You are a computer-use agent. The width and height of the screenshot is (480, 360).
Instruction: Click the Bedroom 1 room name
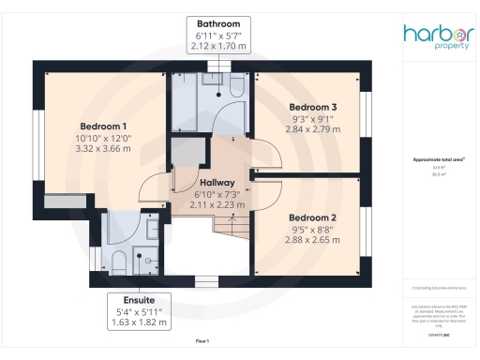pos(103,127)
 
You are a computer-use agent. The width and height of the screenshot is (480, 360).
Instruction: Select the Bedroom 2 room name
pos(312,217)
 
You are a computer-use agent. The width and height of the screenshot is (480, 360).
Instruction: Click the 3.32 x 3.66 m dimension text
pos(103,149)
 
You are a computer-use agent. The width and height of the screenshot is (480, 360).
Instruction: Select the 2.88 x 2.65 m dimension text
pos(312,239)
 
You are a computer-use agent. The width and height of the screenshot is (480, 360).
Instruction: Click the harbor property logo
pos(439,37)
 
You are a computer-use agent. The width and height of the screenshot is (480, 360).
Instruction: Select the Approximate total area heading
pos(438,160)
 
